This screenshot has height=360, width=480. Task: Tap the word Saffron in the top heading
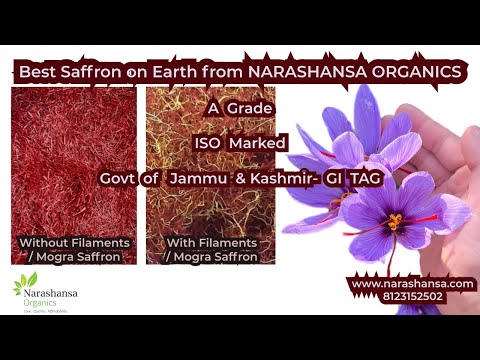pyautogui.click(x=94, y=71)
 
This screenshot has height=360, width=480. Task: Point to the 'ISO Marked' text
pyautogui.click(x=240, y=142)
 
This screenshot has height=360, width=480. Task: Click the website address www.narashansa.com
pyautogui.click(x=411, y=284)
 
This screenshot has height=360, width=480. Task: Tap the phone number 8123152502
pyautogui.click(x=411, y=297)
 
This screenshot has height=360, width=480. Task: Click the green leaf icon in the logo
pyautogui.click(x=24, y=286)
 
